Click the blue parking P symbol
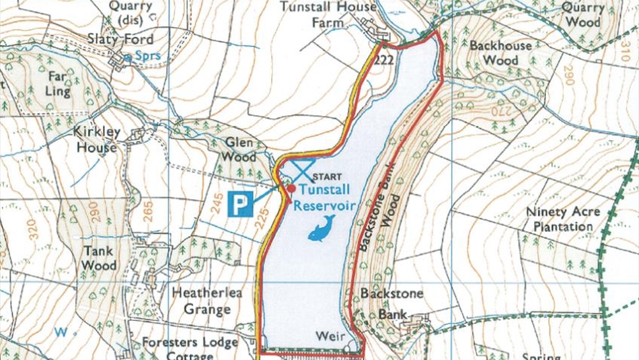[x=240, y=204]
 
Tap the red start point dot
[x=291, y=188]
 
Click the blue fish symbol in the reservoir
[x=322, y=228]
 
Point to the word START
[x=328, y=178]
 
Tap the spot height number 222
[x=385, y=59]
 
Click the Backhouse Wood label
[x=500, y=53]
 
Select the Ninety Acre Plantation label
[x=562, y=219]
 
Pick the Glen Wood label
[x=240, y=149]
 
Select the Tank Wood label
[x=99, y=257]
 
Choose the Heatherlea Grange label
[x=206, y=301]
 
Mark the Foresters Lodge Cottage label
[x=190, y=349]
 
